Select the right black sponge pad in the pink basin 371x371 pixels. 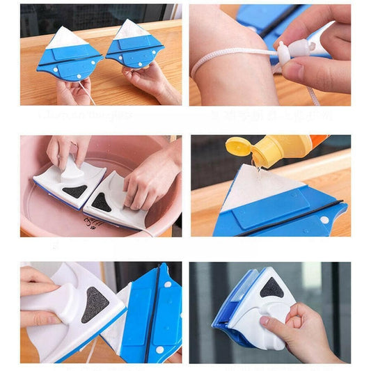coord(102,203)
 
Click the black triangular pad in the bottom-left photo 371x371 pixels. coord(95,304)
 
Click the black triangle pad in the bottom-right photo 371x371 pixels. coord(272,287)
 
